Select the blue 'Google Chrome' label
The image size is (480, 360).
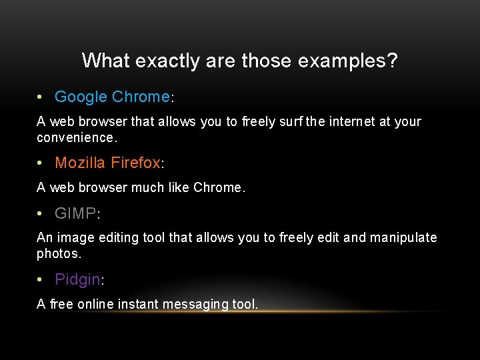tap(112, 97)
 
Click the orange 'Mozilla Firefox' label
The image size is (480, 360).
tap(107, 163)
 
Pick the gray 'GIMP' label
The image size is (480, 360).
tap(75, 213)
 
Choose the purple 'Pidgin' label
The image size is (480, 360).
tap(77, 280)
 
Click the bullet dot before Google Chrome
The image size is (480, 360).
tap(41, 97)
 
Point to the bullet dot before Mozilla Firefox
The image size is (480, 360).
tap(41, 163)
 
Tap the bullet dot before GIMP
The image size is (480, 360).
tap(41, 213)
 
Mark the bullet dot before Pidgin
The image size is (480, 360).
tap(41, 280)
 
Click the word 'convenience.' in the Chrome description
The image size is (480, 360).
tap(77, 138)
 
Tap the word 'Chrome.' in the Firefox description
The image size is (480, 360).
tap(219, 187)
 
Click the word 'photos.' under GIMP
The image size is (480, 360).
tap(59, 254)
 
